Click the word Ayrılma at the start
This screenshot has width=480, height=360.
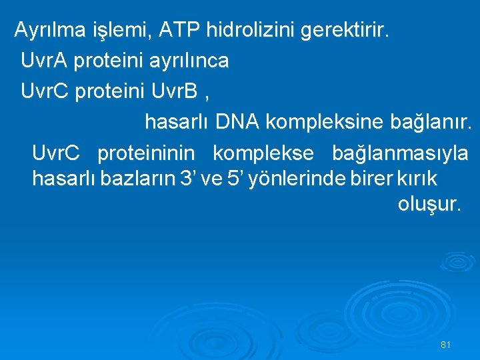(50, 30)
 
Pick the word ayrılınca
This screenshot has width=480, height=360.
(187, 61)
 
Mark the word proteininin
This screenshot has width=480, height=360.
(146, 153)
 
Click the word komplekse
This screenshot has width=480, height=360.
(263, 153)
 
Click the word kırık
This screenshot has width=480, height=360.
(417, 178)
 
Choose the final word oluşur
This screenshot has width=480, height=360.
(429, 204)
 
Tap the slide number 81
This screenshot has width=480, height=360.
(446, 345)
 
